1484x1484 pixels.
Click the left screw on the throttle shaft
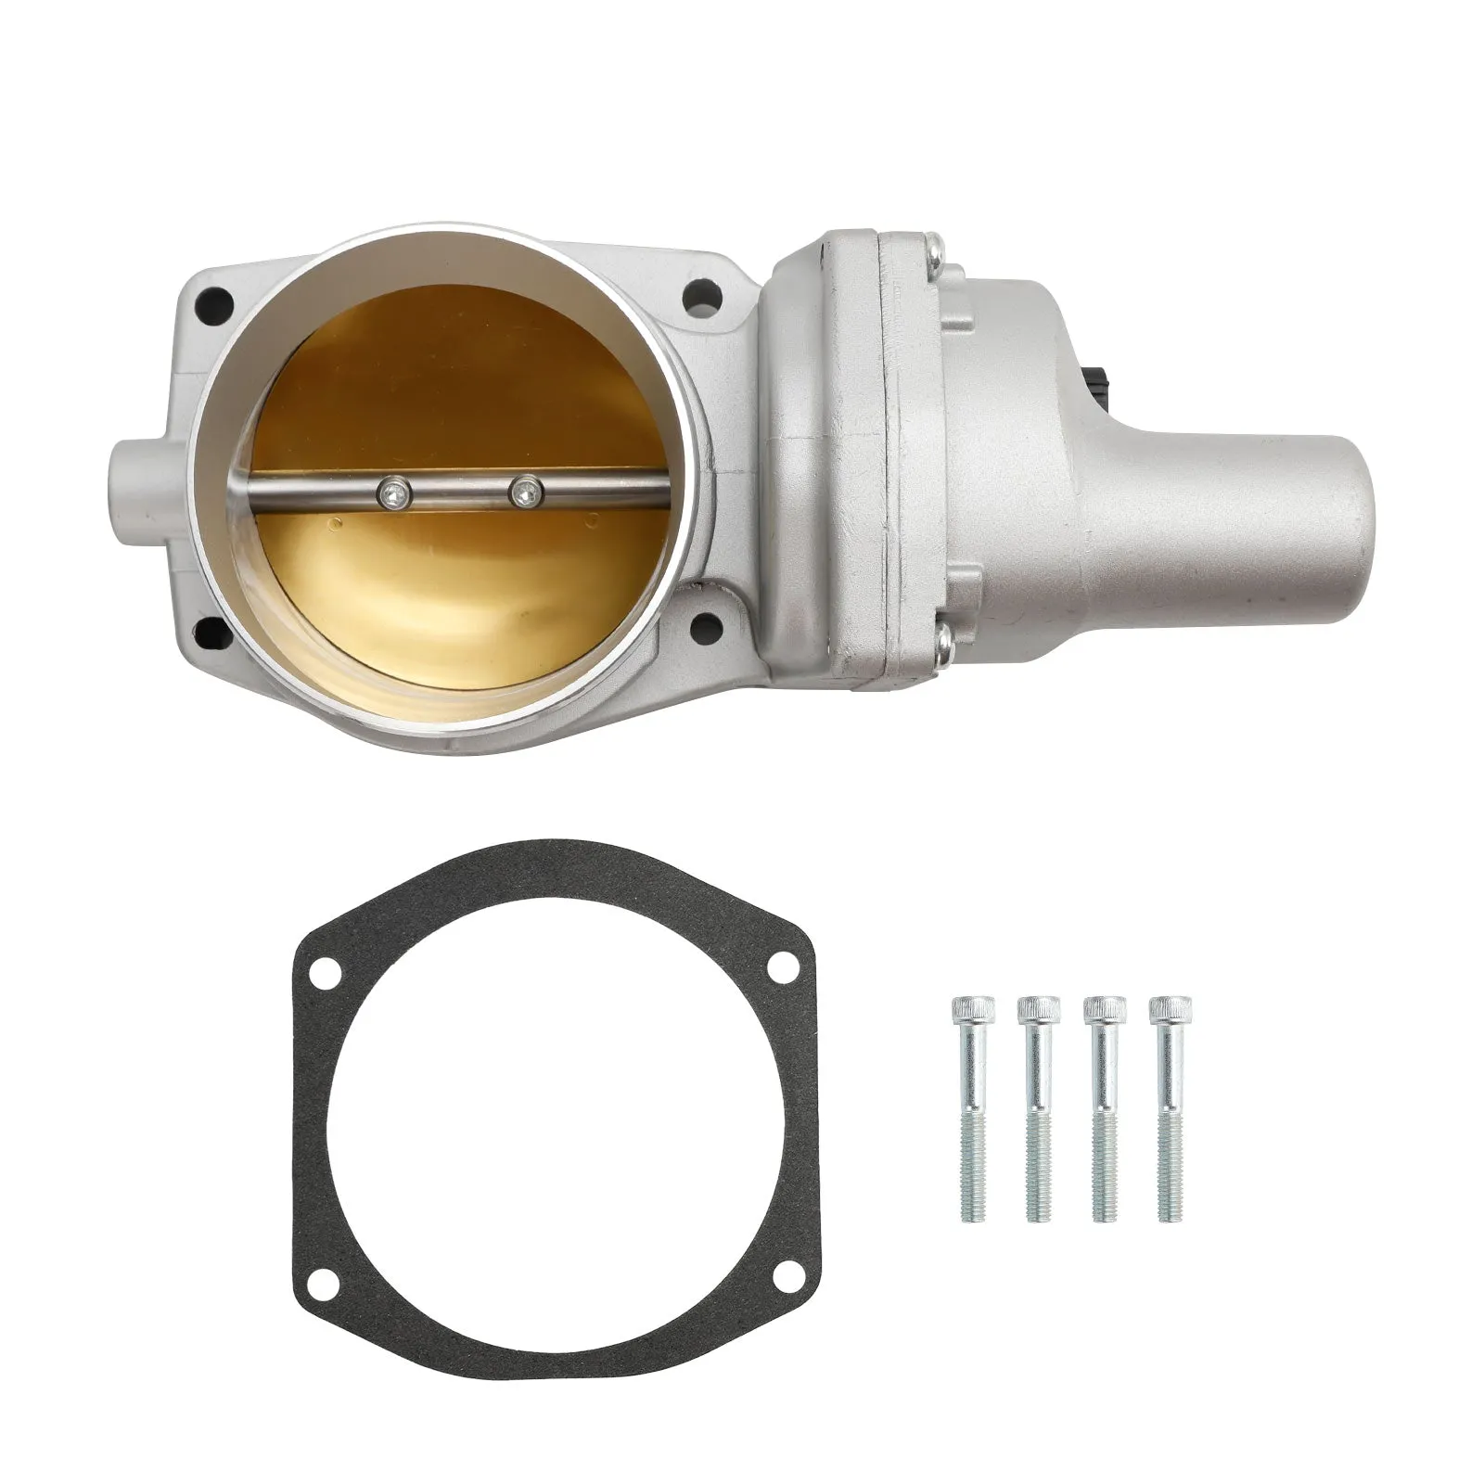tap(396, 493)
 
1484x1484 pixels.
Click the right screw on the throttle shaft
tap(526, 492)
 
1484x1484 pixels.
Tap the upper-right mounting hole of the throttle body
tap(700, 297)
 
